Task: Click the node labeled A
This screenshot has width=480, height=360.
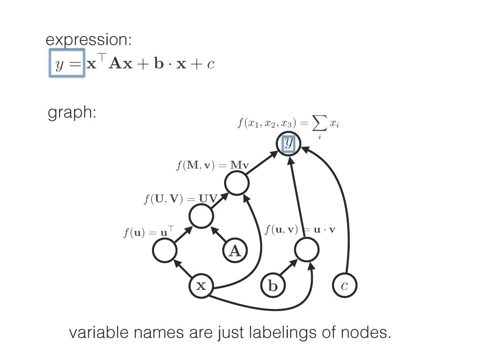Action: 235,252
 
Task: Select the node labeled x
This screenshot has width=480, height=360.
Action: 201,286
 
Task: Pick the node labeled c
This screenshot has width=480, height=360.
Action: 344,286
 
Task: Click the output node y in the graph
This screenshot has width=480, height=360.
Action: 288,143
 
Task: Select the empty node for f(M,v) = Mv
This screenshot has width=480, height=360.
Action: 236,183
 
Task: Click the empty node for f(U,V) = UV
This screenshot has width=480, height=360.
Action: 201,216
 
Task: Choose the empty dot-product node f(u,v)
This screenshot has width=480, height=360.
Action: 307,250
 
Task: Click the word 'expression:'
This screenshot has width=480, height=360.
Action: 89,40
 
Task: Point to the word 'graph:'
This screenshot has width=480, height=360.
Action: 72,113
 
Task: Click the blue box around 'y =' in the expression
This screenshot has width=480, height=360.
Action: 67,64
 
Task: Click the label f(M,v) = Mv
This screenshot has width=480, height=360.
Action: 212,166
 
